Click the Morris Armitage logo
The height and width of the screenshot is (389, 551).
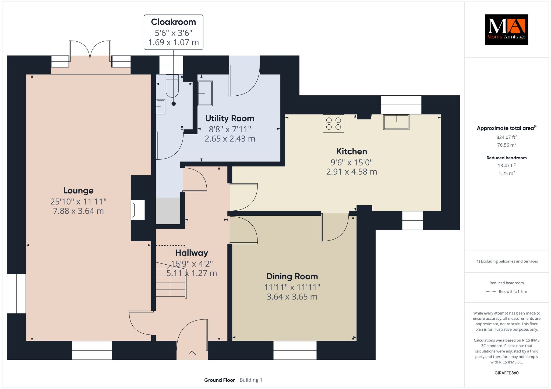tap(506, 30)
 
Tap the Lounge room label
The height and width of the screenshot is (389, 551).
tap(78, 190)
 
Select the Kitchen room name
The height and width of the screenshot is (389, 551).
tap(352, 151)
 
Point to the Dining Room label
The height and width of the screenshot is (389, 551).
tap(292, 276)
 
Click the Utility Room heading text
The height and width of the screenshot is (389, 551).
tap(230, 118)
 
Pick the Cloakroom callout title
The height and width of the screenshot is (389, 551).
tap(174, 22)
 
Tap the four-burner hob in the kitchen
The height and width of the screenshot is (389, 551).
tap(334, 124)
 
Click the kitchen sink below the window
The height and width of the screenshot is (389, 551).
tap(396, 122)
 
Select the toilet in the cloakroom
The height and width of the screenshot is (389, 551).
tap(172, 86)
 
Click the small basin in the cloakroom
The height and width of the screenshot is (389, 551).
tap(161, 107)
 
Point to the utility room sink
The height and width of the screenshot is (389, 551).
tap(205, 93)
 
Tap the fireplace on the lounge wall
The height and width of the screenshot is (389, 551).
tap(138, 210)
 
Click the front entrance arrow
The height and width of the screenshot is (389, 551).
tap(192, 354)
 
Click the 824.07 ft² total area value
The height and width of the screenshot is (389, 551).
tap(507, 137)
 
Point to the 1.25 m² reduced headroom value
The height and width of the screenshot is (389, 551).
tap(507, 173)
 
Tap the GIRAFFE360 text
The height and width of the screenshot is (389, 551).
tap(507, 373)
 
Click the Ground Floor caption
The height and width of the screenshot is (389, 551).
tap(220, 380)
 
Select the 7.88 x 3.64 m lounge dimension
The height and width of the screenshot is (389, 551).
tap(78, 211)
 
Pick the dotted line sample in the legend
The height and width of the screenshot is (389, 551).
tap(491, 291)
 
